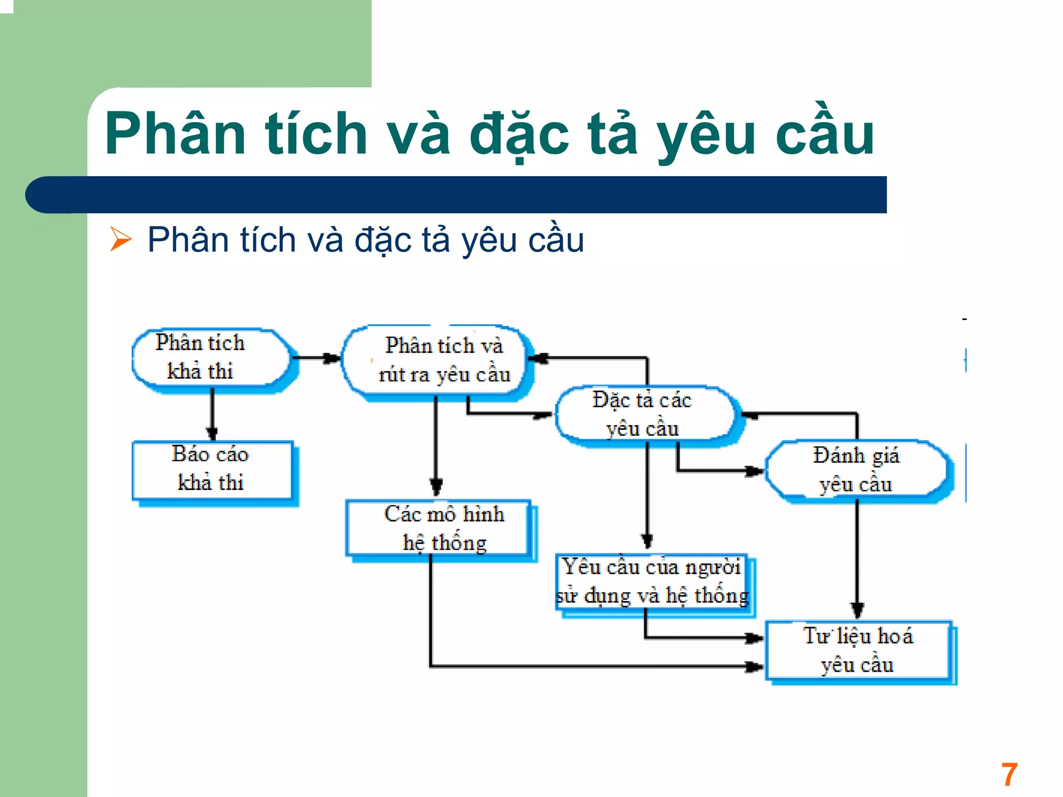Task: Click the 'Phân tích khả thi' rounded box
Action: point(210,357)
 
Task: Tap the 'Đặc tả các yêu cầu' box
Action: point(644,415)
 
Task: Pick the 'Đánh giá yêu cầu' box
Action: point(856,470)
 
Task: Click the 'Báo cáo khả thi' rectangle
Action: point(212,469)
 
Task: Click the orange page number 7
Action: point(1009,775)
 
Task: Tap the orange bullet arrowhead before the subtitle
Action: point(121,240)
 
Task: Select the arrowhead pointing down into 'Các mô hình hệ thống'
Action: point(437,487)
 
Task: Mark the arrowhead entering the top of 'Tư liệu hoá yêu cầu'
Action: point(857,609)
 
